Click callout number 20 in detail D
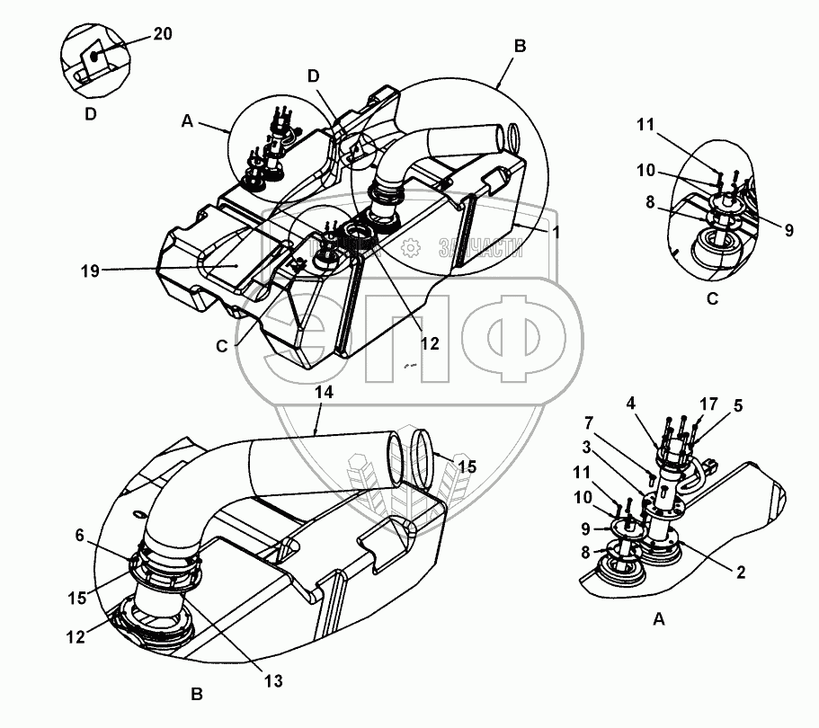click(x=163, y=34)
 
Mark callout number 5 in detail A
click(x=736, y=404)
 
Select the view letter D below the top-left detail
click(x=90, y=115)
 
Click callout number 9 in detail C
click(x=788, y=230)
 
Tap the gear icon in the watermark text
click(x=411, y=246)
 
